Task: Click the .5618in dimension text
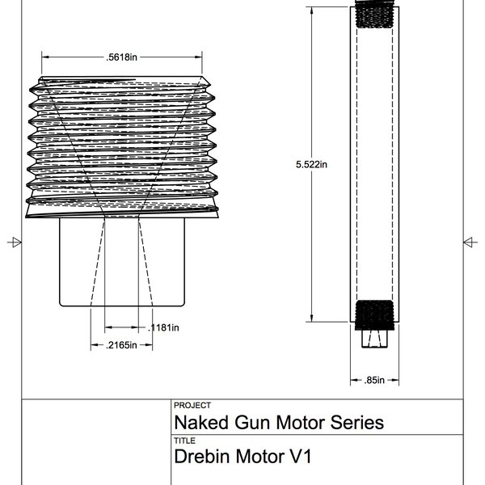point(121,57)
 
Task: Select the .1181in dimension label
point(165,327)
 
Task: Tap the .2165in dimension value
point(121,345)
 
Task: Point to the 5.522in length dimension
point(312,163)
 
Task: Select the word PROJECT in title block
point(192,406)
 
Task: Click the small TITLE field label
point(184,441)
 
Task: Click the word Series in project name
point(357,423)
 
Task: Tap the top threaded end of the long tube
point(373,15)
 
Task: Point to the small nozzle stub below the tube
point(373,339)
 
